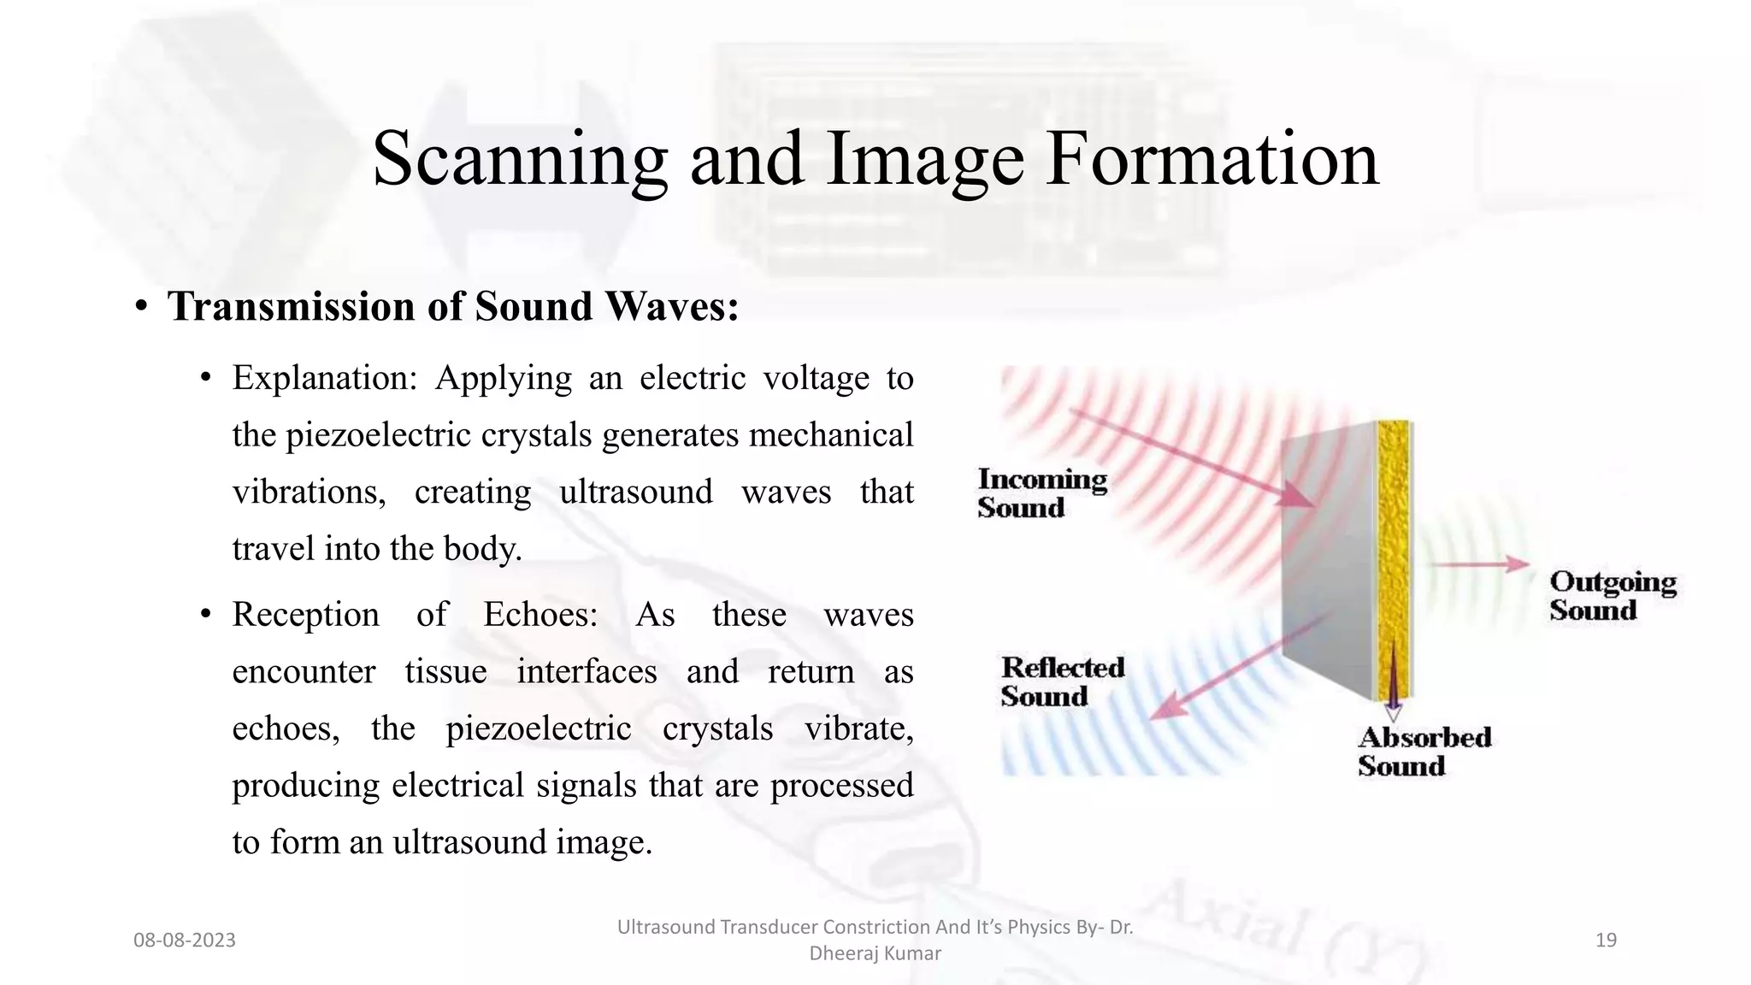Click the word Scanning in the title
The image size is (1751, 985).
pos(520,160)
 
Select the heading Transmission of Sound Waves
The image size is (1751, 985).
pos(453,307)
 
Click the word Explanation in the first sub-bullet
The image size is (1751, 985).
pos(324,378)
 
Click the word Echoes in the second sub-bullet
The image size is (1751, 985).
pos(540,615)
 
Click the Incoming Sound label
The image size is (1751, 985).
pos(1041,493)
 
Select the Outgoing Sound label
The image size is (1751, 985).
pos(1612,596)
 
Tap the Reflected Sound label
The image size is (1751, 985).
pos(1062,681)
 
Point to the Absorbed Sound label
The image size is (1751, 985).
pos(1424,751)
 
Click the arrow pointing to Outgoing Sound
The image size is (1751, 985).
pos(1479,564)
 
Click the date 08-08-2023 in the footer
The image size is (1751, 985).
pos(185,941)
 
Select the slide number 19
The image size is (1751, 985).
pos(1606,941)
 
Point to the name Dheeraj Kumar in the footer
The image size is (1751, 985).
pos(875,953)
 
